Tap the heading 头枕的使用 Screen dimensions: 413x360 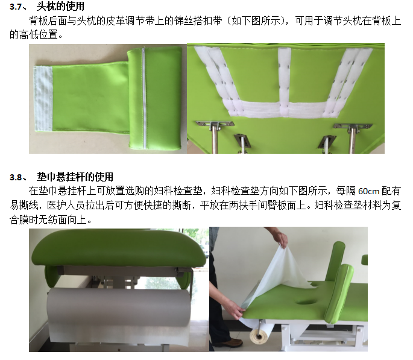[60, 6]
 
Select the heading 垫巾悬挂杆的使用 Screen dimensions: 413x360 [75, 177]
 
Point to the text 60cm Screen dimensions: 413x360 [368, 191]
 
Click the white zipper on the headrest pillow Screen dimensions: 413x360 [144, 98]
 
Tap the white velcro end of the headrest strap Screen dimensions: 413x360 [43, 98]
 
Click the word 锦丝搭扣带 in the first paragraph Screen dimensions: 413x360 [198, 21]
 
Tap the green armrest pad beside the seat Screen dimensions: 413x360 [338, 294]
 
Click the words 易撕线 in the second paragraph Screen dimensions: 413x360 [24, 206]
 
